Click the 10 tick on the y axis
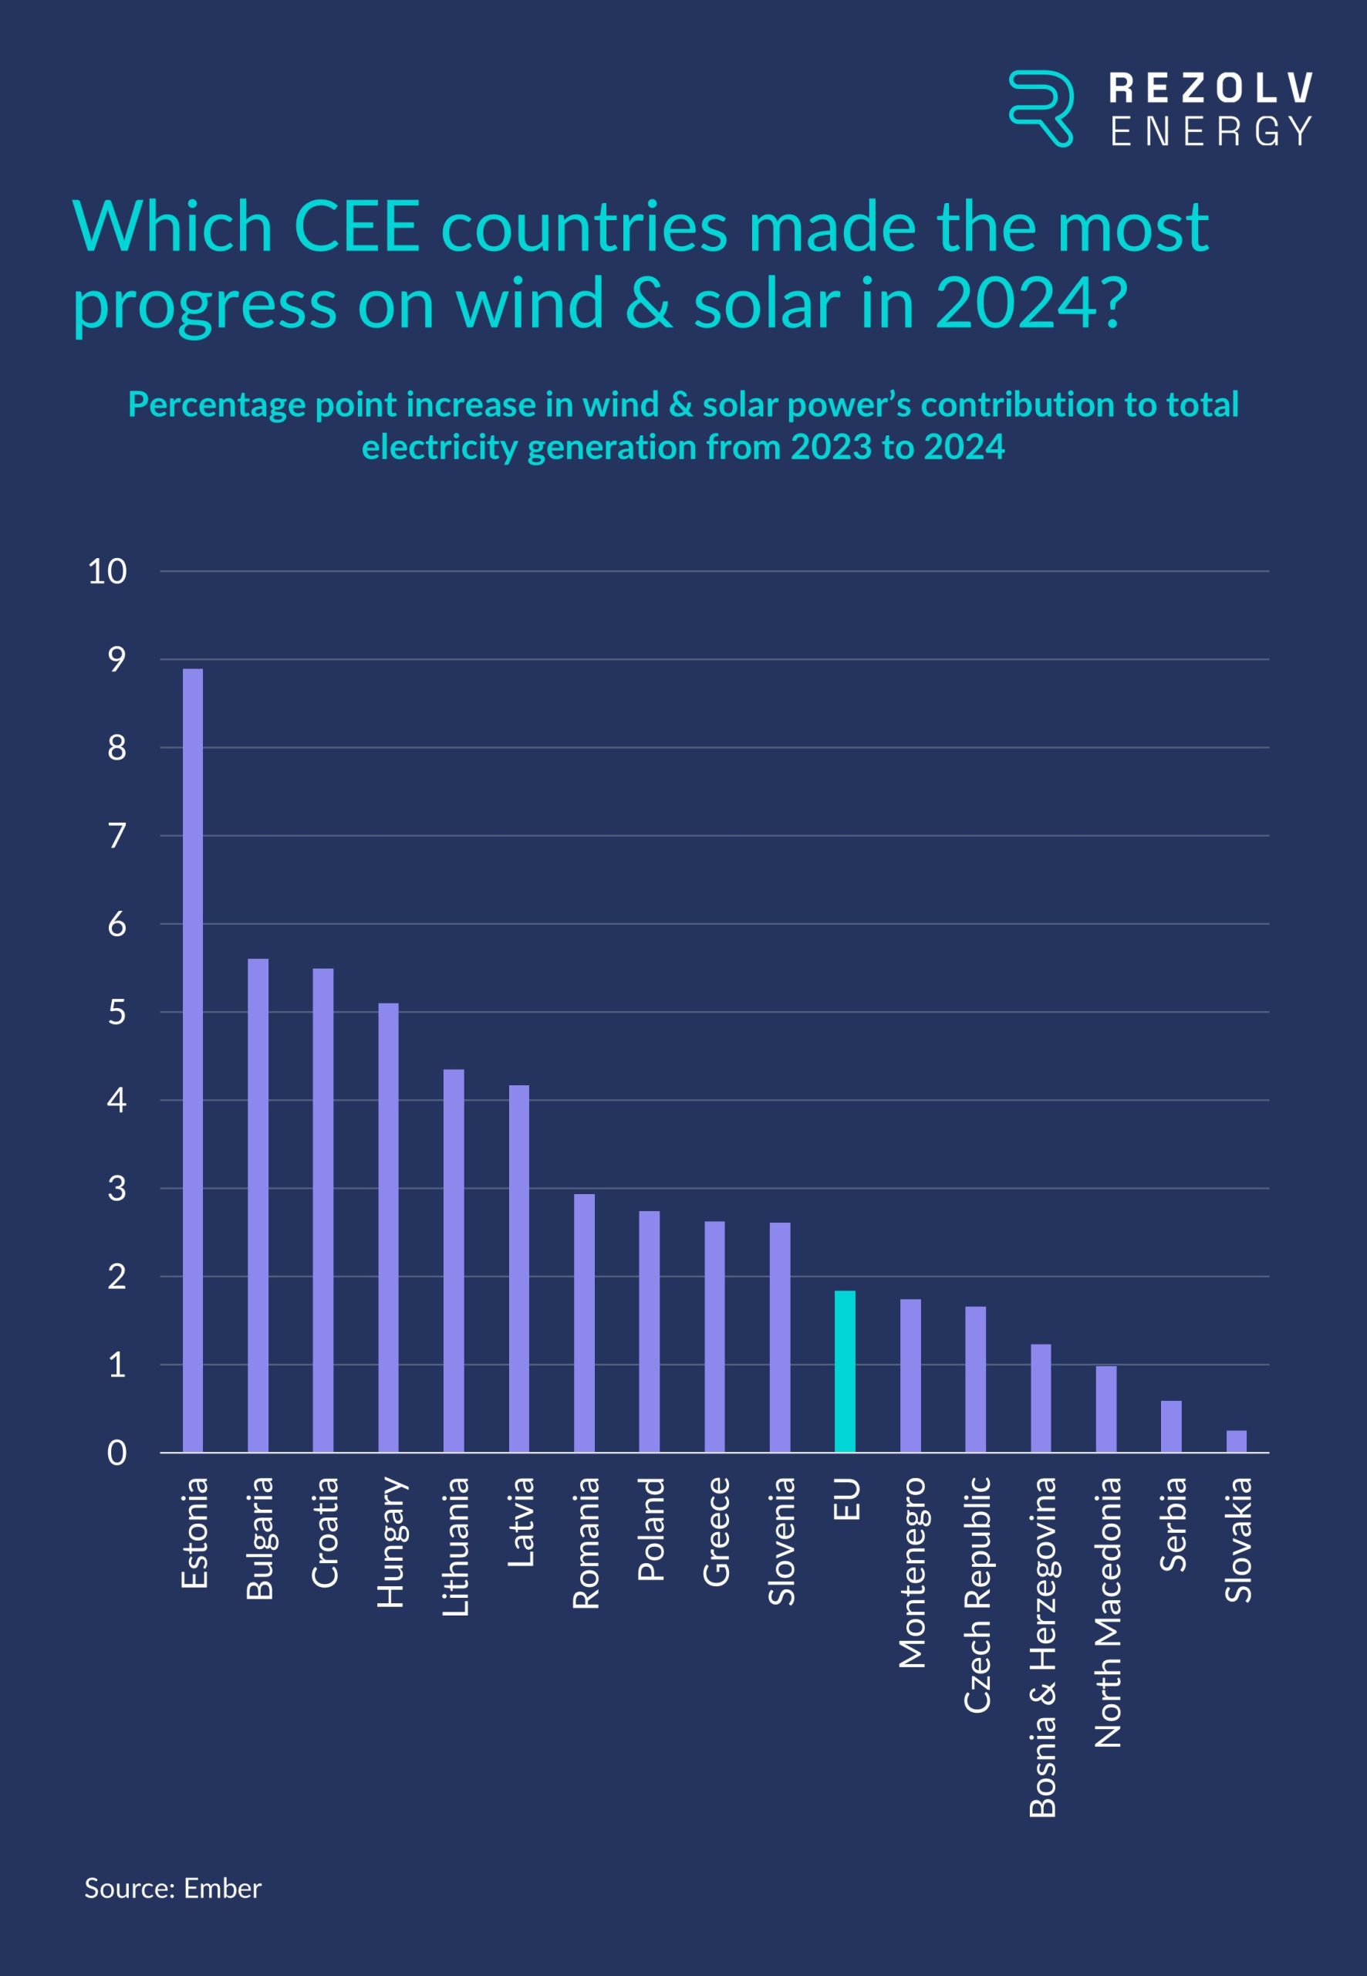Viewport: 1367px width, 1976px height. tap(107, 571)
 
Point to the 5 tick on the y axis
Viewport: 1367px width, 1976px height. tap(116, 1013)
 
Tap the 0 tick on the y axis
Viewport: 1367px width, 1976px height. tap(116, 1453)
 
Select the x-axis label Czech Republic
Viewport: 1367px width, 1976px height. tap(977, 1595)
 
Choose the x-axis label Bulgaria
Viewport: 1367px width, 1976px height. tap(258, 1538)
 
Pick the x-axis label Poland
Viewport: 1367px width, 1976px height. tap(650, 1529)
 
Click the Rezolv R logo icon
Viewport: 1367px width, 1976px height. tap(1041, 108)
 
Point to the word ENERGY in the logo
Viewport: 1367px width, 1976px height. tap(1210, 131)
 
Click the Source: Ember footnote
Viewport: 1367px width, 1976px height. tap(172, 1888)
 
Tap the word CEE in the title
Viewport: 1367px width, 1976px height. tap(356, 227)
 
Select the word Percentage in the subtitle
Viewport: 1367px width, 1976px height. tap(218, 404)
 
